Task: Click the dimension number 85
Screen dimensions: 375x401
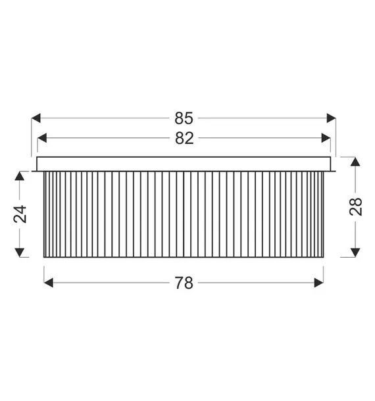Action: [184, 118]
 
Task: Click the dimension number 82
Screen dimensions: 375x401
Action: [184, 138]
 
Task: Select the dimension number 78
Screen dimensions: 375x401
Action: [184, 283]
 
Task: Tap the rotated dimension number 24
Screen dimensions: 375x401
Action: [20, 214]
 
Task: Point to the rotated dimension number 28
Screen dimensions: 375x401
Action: [355, 207]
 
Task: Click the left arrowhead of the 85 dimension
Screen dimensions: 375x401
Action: [36, 118]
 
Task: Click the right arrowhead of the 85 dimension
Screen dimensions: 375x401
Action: [331, 118]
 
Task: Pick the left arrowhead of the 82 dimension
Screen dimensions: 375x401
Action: [42, 138]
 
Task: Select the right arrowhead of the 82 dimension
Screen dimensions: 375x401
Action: [326, 138]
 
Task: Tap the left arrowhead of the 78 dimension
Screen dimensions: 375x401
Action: [49, 283]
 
